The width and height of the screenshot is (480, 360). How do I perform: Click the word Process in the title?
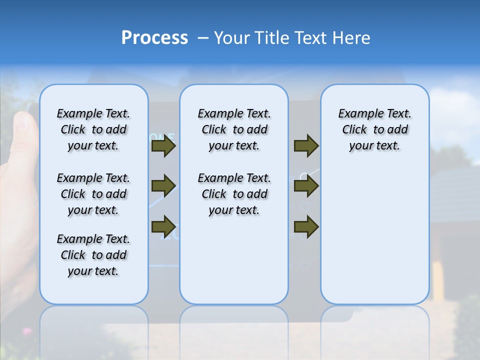[x=154, y=38]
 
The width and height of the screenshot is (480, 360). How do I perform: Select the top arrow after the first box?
[x=163, y=146]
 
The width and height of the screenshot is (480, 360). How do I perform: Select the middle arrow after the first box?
[x=163, y=186]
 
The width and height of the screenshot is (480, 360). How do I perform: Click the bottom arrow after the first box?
[x=163, y=226]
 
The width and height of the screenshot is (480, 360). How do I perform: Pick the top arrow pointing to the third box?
[x=306, y=146]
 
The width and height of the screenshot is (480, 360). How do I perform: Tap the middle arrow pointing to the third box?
[x=306, y=186]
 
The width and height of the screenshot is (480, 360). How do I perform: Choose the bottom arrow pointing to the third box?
[x=306, y=226]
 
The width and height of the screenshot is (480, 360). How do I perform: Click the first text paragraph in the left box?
[x=93, y=129]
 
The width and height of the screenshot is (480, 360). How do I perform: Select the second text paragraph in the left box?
[x=93, y=194]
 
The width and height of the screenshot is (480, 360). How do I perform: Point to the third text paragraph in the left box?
[x=93, y=255]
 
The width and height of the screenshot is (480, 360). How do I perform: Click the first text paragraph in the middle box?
[x=234, y=129]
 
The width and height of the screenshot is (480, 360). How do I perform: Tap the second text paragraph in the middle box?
[x=234, y=194]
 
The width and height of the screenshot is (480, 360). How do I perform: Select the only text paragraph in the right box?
[x=374, y=129]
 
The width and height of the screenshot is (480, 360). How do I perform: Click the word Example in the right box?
[x=357, y=114]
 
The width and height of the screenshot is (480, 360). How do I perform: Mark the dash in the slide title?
[x=203, y=38]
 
